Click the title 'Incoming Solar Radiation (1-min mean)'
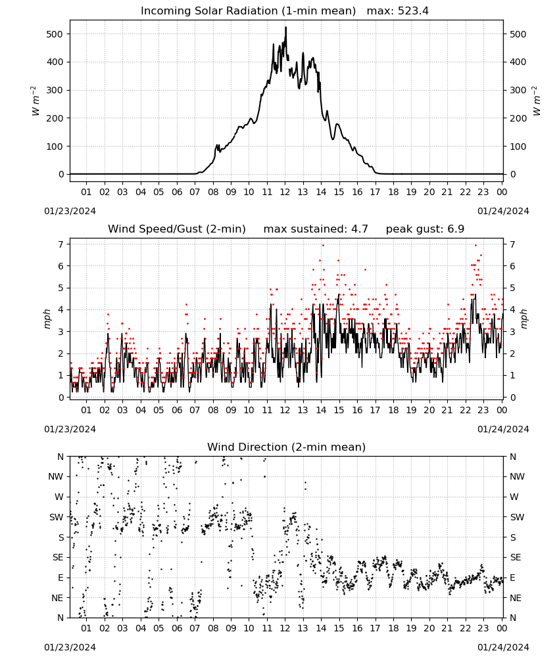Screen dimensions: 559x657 tap(248, 11)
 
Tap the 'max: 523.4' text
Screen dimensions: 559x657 tap(398, 11)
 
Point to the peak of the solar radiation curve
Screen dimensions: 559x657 tap(285, 27)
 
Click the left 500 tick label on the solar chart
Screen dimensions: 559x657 tap(55, 34)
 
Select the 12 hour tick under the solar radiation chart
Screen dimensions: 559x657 tap(285, 192)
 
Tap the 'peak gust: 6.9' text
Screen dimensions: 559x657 tap(425, 229)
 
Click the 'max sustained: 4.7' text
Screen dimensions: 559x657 tap(316, 229)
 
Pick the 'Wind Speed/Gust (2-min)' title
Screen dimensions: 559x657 tap(176, 229)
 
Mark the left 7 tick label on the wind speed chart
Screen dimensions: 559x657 tap(61, 244)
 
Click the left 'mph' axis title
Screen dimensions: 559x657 tap(47, 319)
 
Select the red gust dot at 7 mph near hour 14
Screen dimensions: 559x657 tap(323, 245)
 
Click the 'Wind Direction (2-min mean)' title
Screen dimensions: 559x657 tap(287, 447)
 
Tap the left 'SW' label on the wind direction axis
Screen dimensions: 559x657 tap(56, 517)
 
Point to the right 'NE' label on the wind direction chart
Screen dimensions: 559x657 tap(515, 598)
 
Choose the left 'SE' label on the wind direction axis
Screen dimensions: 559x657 tap(58, 557)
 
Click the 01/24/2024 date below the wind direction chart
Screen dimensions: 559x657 tap(503, 647)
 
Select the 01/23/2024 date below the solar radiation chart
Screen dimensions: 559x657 tap(70, 211)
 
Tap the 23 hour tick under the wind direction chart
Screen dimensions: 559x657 tap(483, 628)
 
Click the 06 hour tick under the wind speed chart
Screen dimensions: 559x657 tap(176, 410)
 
